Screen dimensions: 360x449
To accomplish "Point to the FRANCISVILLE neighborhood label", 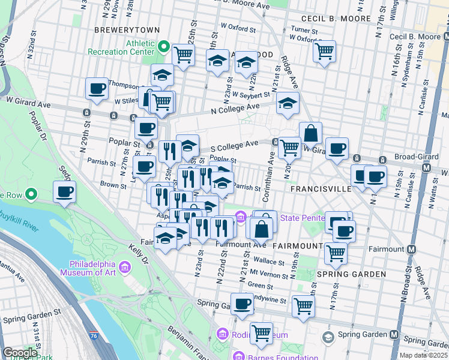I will point(321,188).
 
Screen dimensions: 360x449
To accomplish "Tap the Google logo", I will point(19,353).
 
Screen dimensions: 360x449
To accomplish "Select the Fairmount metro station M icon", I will point(412,249).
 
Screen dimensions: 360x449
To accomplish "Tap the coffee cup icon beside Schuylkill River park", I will point(64,192).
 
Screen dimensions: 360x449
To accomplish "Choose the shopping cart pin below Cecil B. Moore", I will point(324,52).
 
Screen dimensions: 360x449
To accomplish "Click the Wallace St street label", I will point(269,262).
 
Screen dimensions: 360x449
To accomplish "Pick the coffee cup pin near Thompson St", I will point(97,89).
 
